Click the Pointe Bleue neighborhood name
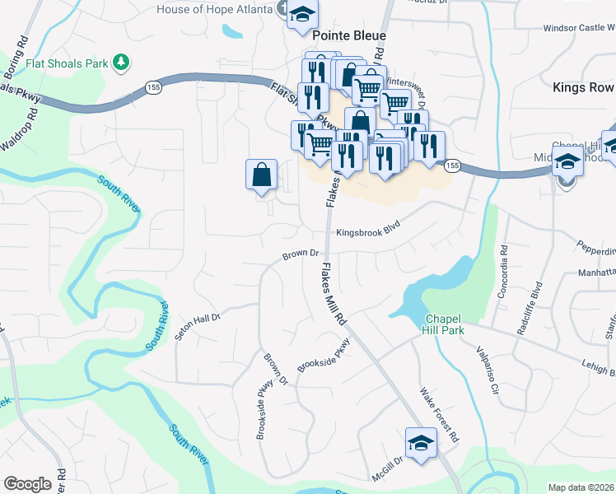pos(349,35)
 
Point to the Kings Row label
pos(583,87)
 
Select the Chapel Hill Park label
pos(445,324)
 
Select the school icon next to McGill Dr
pos(420,442)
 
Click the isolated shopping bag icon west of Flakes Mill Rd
pos(262,175)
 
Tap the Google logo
pos(27,484)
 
